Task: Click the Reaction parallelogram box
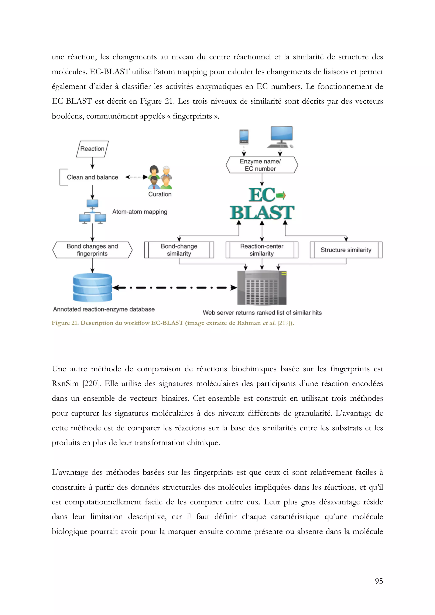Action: [x=92, y=149]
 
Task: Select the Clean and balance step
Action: [x=92, y=177]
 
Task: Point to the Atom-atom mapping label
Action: [x=140, y=212]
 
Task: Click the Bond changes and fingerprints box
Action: [x=92, y=250]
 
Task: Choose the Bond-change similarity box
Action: [x=179, y=250]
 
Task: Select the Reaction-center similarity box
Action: [x=262, y=250]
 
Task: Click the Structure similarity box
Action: [x=346, y=250]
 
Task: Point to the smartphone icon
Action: [x=244, y=137]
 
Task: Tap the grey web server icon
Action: [x=262, y=288]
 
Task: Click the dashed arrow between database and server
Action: [x=174, y=288]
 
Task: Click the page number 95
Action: [x=379, y=581]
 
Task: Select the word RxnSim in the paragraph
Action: [x=65, y=383]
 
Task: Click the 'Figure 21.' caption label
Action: [x=65, y=323]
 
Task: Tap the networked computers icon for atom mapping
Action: [x=92, y=212]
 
